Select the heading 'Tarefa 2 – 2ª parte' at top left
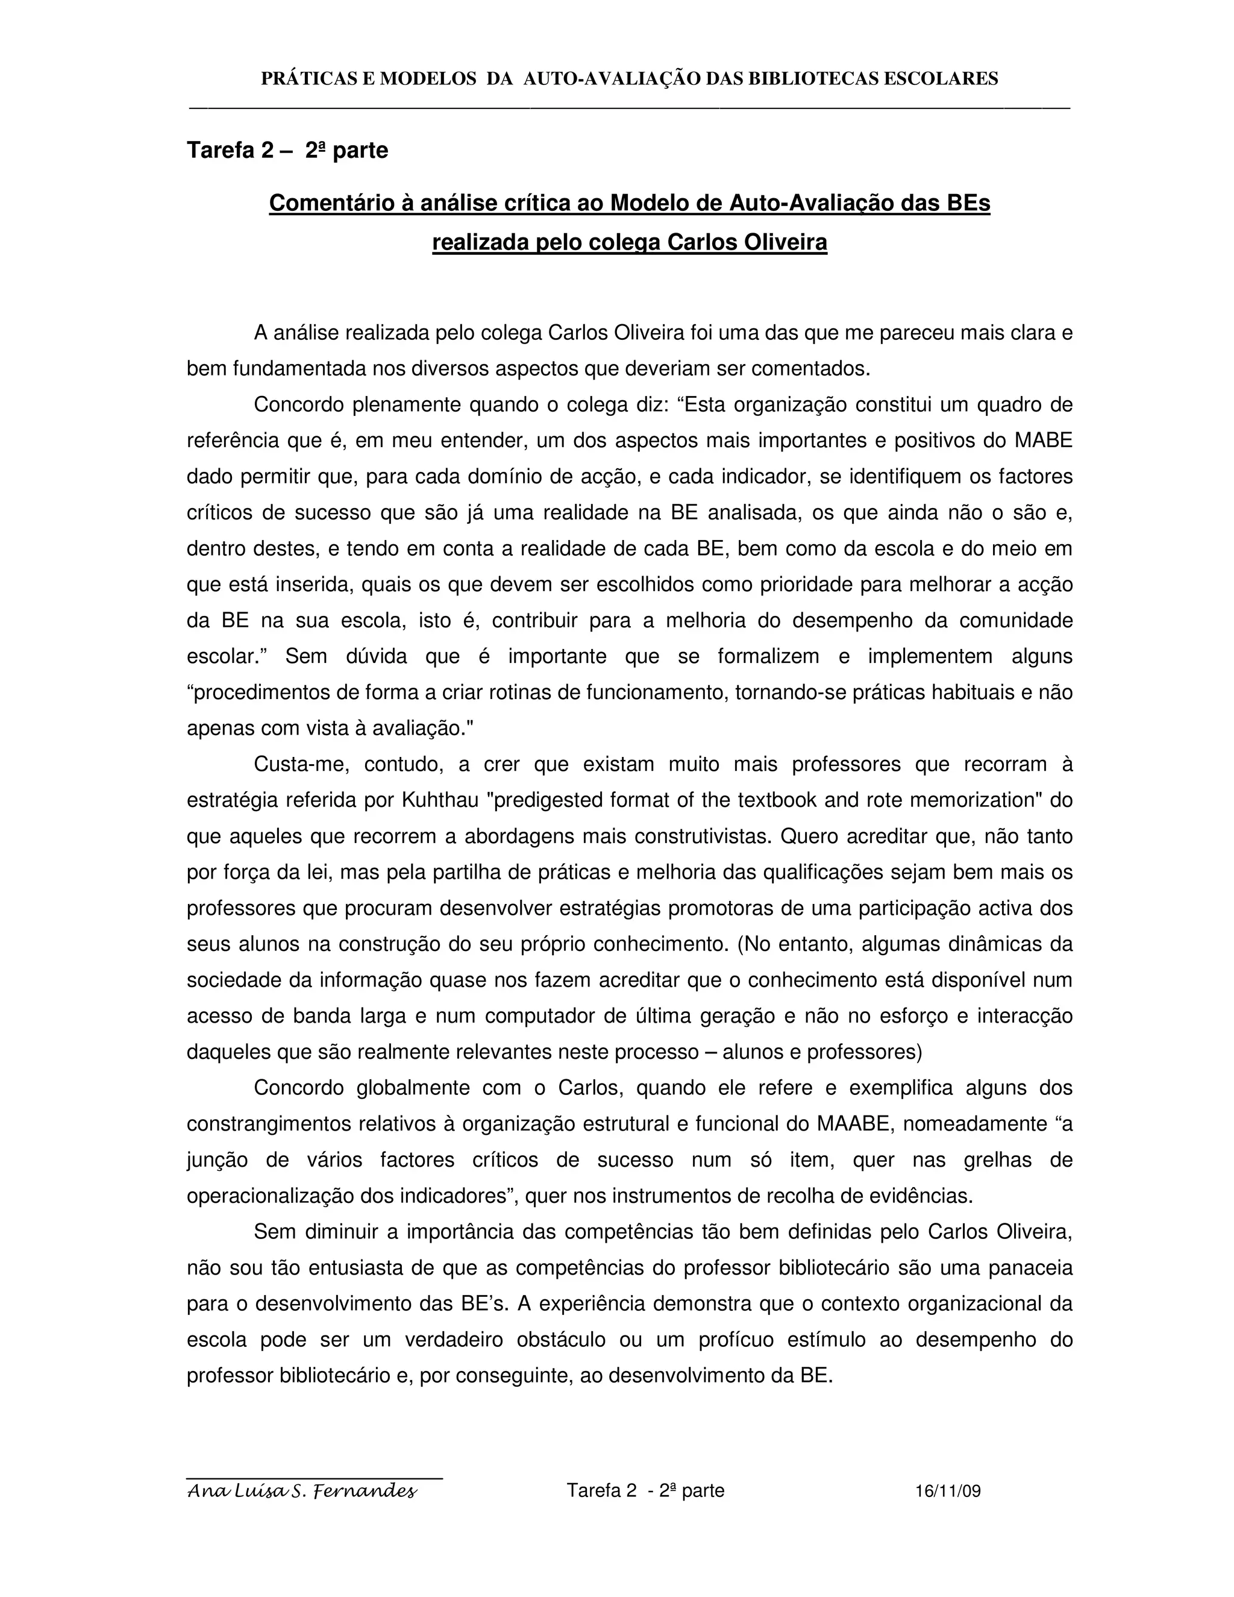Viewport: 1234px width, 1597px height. (287, 150)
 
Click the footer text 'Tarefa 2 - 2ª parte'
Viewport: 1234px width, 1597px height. (645, 1490)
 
